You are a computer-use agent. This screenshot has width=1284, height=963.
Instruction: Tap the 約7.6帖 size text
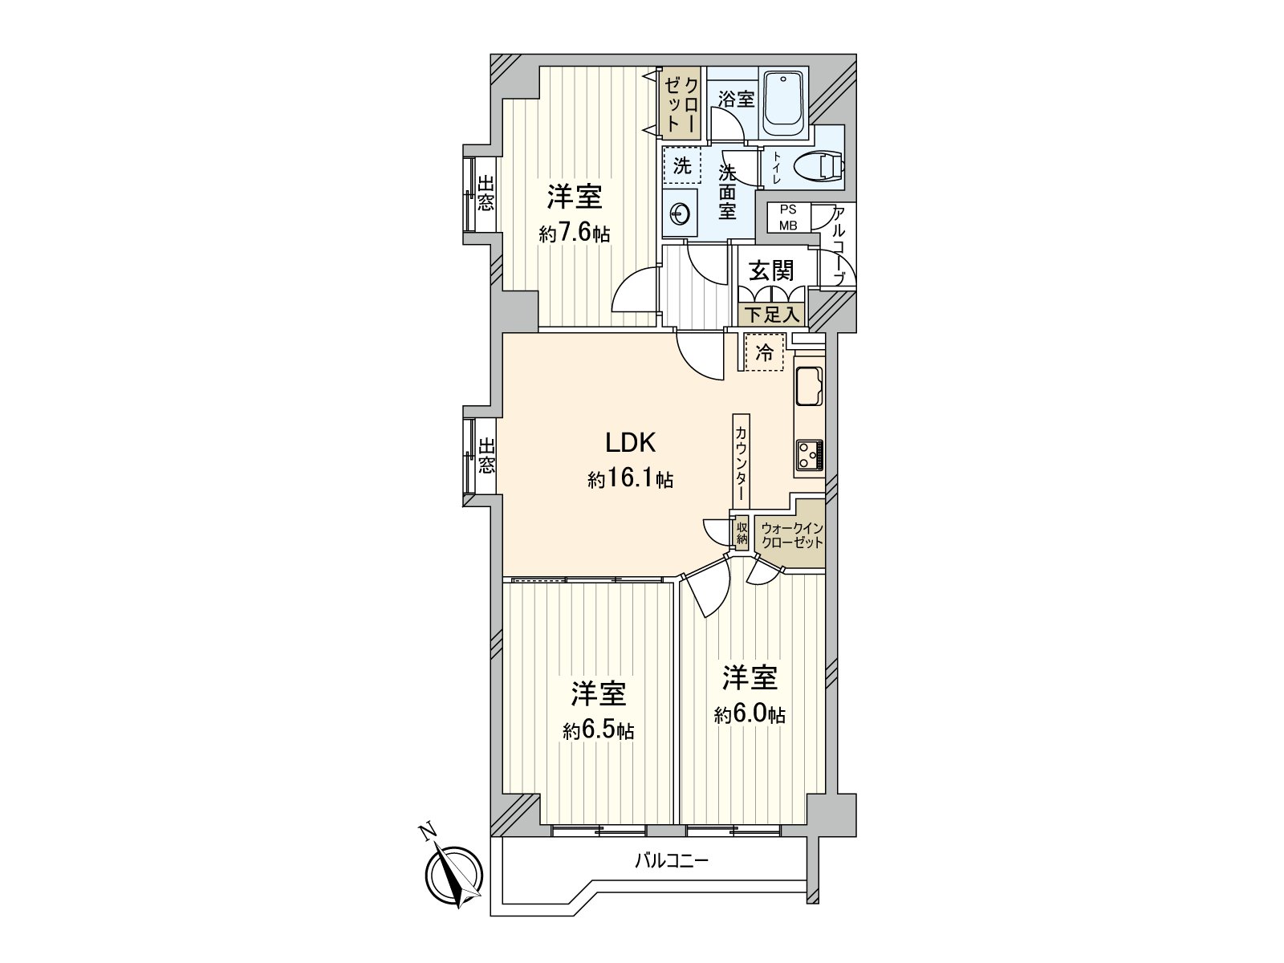coord(574,234)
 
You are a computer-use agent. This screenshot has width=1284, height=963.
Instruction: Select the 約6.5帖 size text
coord(598,731)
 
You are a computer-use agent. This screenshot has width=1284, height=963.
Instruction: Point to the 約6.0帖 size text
coord(750,715)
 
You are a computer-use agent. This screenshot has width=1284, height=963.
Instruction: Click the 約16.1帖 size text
coord(630,481)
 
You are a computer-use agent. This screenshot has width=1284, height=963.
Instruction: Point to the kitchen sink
coord(808,387)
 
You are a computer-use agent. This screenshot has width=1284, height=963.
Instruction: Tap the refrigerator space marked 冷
coord(764,351)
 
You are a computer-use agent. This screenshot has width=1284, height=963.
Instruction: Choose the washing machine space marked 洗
coord(681,166)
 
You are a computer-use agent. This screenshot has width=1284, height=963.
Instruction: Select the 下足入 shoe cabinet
coord(772,315)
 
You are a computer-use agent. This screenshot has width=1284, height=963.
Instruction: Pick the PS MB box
coord(789,218)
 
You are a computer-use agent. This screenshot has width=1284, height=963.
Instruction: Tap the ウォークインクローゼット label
coord(792,535)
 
